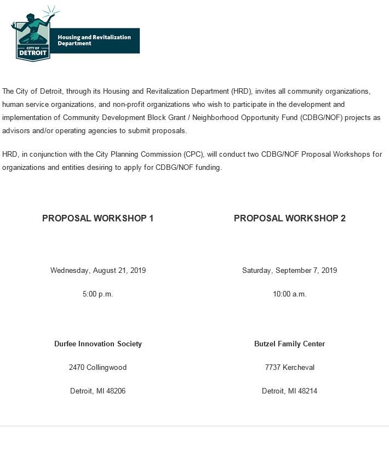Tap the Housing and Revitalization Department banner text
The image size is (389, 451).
click(94, 40)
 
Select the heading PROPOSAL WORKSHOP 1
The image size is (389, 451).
click(98, 218)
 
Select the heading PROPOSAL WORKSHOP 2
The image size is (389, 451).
click(289, 218)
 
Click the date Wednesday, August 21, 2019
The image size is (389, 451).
click(98, 270)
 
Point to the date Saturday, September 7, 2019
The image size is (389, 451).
click(289, 270)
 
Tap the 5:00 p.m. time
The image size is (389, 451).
click(98, 294)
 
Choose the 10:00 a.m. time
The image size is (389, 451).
click(289, 294)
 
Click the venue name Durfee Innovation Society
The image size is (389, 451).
click(98, 344)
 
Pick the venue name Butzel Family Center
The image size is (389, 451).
click(289, 344)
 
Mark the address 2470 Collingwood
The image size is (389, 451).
click(98, 367)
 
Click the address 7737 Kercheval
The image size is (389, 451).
click(289, 367)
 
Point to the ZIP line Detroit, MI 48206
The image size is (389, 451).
click(98, 391)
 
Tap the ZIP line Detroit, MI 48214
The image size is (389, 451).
click(289, 391)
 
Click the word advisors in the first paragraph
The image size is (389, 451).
click(16, 130)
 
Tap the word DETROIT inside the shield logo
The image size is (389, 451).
click(33, 53)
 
